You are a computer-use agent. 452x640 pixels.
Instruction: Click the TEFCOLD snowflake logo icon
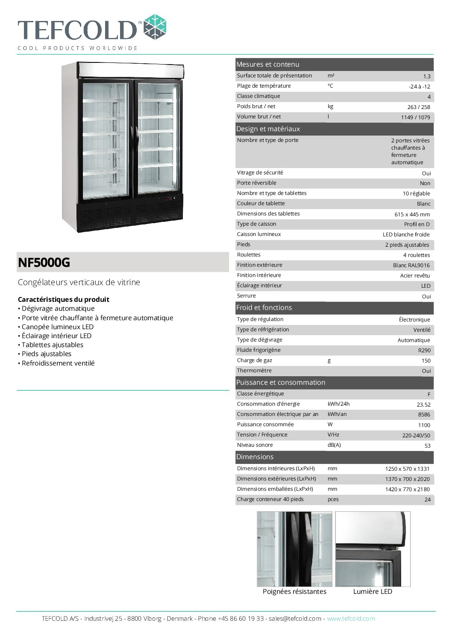coord(155,27)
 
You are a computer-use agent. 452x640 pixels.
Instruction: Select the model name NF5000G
coord(44,262)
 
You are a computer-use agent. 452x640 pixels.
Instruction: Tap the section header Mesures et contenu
coord(268,65)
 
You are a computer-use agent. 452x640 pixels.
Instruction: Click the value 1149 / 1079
coord(415,118)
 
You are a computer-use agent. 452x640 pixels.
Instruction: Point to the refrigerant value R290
coord(424,351)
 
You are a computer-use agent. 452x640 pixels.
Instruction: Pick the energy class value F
coord(429,395)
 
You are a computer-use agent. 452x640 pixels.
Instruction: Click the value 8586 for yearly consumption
coord(424,415)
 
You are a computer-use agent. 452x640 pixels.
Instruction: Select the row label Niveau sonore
coord(255,445)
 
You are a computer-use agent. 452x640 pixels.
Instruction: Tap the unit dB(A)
coord(334,445)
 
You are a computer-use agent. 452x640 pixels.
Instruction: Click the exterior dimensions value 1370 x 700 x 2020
coord(407,479)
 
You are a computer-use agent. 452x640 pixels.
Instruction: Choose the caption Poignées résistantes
coord(294,592)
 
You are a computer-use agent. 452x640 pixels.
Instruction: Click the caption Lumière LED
coord(373,592)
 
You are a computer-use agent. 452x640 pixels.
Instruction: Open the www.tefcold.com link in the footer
coord(351,619)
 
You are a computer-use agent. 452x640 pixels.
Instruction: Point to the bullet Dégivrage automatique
coord(58,309)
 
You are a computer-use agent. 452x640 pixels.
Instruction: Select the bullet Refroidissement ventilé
coord(58,363)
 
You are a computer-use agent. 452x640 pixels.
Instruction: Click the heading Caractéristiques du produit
coord(64,300)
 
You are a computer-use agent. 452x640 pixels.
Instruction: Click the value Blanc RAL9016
coord(411,265)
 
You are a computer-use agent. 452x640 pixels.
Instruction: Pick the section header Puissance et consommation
coord(281,383)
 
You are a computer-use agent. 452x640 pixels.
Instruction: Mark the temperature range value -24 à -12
coord(419,87)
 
